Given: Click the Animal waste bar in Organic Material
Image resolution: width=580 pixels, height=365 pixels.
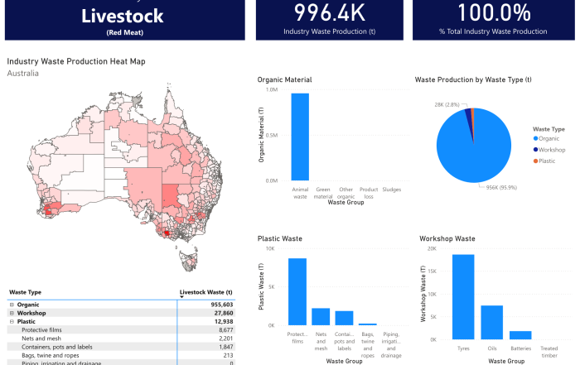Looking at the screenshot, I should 300,137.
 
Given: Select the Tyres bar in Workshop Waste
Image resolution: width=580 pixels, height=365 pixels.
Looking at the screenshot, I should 463,296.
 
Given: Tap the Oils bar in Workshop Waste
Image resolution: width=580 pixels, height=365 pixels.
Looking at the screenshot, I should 492,322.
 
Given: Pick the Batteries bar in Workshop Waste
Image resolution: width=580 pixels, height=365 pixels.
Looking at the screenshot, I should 520,334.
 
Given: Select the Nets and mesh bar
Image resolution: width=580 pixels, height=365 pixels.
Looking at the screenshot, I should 321,316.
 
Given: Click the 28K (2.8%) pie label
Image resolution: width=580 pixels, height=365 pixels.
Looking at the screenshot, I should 448,104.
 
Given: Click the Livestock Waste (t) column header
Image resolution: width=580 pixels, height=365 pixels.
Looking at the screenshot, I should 206,292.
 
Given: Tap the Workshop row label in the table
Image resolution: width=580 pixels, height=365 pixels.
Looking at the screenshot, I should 31,313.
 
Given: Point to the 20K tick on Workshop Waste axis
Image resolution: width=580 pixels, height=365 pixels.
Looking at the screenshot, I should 432,247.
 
